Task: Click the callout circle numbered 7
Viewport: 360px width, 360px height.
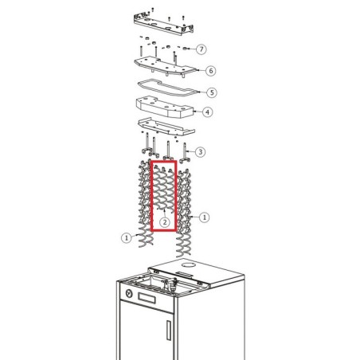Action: (x=202, y=49)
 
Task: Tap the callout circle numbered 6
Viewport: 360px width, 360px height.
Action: (x=210, y=71)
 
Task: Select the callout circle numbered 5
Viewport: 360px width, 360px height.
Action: (x=212, y=92)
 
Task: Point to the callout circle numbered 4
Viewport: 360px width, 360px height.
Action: (x=207, y=112)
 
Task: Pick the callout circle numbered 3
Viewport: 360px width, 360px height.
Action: (x=201, y=152)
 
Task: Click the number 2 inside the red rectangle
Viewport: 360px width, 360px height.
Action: (x=165, y=222)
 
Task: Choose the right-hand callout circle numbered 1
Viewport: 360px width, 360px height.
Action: (x=204, y=217)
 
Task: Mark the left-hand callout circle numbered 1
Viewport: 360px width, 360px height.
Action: (x=127, y=237)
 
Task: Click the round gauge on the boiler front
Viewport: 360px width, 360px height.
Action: (x=129, y=294)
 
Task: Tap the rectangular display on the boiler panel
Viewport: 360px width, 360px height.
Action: (x=147, y=298)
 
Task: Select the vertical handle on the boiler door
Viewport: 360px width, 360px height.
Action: (x=169, y=331)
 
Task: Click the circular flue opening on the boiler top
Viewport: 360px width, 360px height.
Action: (x=189, y=265)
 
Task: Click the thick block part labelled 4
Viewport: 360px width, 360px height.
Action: (x=165, y=107)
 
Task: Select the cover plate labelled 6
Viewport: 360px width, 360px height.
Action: (x=166, y=66)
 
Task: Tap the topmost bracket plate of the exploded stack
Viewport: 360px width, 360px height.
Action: (x=163, y=25)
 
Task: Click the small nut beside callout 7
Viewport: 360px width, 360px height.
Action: (x=185, y=49)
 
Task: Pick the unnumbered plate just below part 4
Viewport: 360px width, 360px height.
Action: (x=166, y=127)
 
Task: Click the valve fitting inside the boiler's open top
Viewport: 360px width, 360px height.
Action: (x=174, y=284)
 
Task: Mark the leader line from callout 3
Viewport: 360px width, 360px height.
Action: (x=191, y=151)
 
